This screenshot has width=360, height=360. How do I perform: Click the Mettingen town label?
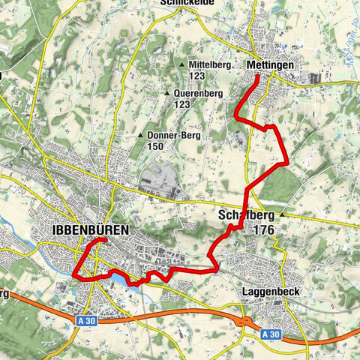(268, 66)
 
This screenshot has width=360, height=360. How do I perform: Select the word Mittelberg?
(210, 65)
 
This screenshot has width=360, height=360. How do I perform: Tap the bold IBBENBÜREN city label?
(90, 229)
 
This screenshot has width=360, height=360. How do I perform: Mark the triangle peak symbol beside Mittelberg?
(183, 65)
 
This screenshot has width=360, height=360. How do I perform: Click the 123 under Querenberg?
(182, 105)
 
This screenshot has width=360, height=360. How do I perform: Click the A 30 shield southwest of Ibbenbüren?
(86, 320)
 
